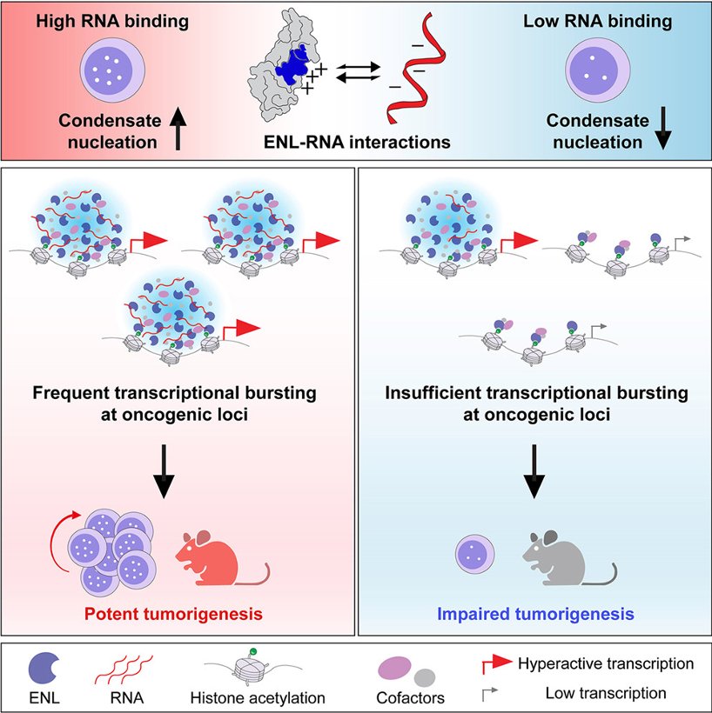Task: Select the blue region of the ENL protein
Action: coord(292,65)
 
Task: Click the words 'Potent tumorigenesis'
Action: coord(173,614)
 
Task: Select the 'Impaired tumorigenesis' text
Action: coord(535,614)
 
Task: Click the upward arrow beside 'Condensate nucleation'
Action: coord(178,130)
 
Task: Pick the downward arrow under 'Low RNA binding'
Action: coord(663,128)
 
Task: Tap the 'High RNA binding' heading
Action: coord(112,22)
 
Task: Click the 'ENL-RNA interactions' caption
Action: coord(357,143)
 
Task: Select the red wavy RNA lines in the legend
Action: coord(124,670)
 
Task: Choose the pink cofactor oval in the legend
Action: coord(394,667)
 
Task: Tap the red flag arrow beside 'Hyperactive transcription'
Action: coord(497,665)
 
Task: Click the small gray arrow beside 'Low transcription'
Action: coord(489,694)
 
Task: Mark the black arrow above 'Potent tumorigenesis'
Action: coord(164,471)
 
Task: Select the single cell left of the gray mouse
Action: coord(475,554)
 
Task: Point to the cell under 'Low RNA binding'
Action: coord(598,70)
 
